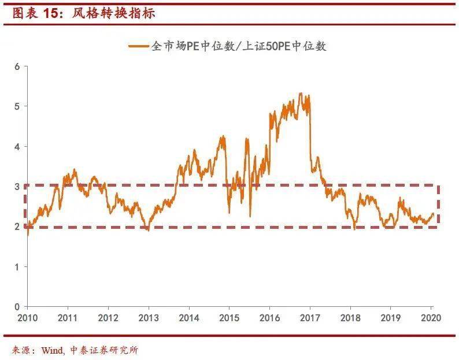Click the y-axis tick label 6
pyautogui.click(x=17, y=66)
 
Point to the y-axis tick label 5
pyautogui.click(x=17, y=106)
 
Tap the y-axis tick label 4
pyautogui.click(x=17, y=146)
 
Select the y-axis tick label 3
pyautogui.click(x=17, y=187)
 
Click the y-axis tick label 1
pyautogui.click(x=17, y=266)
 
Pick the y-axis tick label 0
pyautogui.click(x=17, y=306)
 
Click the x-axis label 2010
pyautogui.click(x=27, y=318)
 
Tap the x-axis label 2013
pyautogui.click(x=149, y=318)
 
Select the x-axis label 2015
pyautogui.click(x=229, y=318)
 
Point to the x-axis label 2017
pyautogui.click(x=310, y=318)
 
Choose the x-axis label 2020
pyautogui.click(x=431, y=318)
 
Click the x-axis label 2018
pyautogui.click(x=350, y=318)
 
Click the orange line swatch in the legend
pyautogui.click(x=138, y=46)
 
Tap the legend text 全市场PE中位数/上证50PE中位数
pyautogui.click(x=239, y=46)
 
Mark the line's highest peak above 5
pyautogui.click(x=301, y=93)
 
